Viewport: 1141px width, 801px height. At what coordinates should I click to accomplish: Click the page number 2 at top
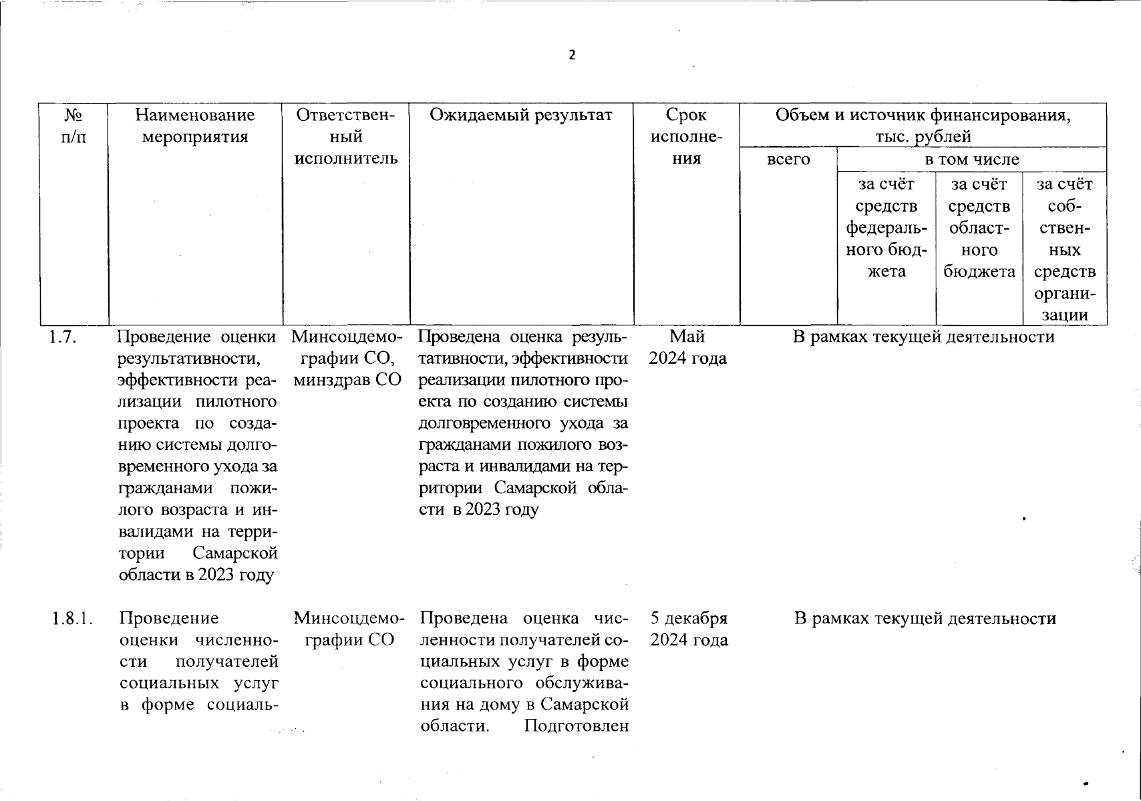571,55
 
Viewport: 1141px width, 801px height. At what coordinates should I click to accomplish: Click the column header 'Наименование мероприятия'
195,126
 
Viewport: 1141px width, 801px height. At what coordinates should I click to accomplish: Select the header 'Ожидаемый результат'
521,115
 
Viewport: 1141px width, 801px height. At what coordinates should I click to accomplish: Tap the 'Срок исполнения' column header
687,137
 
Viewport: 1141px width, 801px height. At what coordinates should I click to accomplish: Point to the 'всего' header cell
788,160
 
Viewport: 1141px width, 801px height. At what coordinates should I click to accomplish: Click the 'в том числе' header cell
971,160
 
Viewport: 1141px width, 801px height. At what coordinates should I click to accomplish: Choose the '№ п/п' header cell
73,126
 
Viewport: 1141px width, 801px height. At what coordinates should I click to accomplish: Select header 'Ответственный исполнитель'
346,137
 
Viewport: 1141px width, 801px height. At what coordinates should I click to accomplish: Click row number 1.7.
61,337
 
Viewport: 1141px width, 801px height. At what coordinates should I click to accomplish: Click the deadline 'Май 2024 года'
687,348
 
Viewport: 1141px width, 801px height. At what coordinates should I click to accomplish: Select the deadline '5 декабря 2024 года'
689,629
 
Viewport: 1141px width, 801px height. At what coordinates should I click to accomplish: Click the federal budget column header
886,228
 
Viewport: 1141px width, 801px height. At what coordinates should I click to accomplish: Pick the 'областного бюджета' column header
979,228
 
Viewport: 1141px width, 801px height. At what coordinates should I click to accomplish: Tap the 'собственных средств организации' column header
1065,249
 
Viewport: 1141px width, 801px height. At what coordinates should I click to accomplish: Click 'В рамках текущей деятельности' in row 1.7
923,337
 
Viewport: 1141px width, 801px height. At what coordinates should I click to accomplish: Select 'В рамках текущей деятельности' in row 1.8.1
925,619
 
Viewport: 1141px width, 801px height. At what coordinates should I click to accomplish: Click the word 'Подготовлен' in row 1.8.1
577,726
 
